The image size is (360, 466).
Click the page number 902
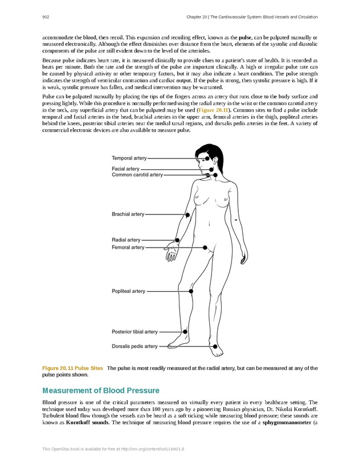pyautogui.click(x=46, y=17)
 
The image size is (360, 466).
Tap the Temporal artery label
pyautogui.click(x=129, y=158)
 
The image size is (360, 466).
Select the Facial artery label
pyautogui.click(x=126, y=169)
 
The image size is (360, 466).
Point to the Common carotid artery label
pyautogui.click(x=137, y=174)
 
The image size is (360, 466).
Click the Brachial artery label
pyautogui.click(x=128, y=214)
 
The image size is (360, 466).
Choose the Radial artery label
pyautogui.click(x=126, y=240)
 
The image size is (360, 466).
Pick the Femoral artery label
pyautogui.click(x=128, y=248)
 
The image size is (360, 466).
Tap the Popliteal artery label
pyautogui.click(x=129, y=291)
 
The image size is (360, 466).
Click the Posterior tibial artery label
pyautogui.click(x=135, y=332)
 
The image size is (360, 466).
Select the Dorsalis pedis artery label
pyautogui.click(x=135, y=346)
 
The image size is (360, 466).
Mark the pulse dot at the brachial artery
pyautogui.click(x=187, y=214)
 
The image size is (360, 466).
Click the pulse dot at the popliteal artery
pyautogui.click(x=191, y=291)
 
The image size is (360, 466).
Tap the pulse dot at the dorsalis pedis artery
pyautogui.click(x=214, y=346)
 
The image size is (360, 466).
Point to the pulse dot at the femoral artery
pyautogui.click(x=207, y=248)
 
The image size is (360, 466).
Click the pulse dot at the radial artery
pyautogui.click(x=177, y=240)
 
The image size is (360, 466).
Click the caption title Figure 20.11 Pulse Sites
pyautogui.click(x=73, y=368)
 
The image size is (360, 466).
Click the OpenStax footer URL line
pyautogui.click(x=113, y=449)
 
